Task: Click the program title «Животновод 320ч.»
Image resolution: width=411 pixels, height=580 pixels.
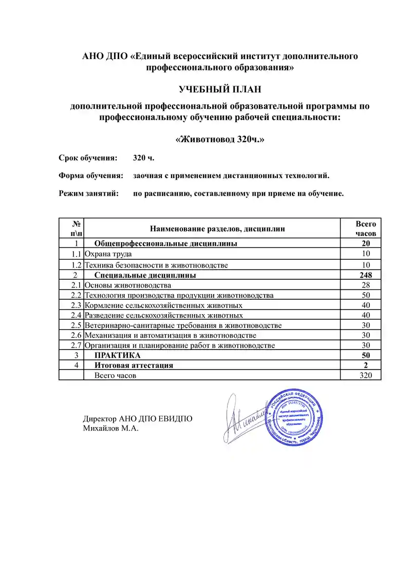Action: [x=220, y=140]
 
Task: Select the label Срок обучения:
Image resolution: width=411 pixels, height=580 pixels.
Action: [x=88, y=158]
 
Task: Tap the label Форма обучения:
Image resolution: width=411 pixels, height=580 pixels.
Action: [x=91, y=176]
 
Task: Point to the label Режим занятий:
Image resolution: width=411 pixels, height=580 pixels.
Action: [x=88, y=194]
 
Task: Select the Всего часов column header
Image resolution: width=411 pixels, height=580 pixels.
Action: [x=366, y=228]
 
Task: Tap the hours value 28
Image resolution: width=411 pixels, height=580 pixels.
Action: [x=366, y=285]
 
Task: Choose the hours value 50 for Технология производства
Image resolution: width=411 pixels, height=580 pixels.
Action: [x=366, y=295]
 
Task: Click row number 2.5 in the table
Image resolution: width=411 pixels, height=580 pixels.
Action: [x=77, y=325]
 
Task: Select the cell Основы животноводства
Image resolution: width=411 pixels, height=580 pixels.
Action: [x=127, y=285]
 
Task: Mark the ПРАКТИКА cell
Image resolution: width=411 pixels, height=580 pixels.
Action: [x=117, y=355]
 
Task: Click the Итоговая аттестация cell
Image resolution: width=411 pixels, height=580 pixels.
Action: [x=134, y=365]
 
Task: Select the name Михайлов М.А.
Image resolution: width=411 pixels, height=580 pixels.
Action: [x=111, y=428]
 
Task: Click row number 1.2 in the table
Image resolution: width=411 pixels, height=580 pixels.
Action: [x=77, y=265]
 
